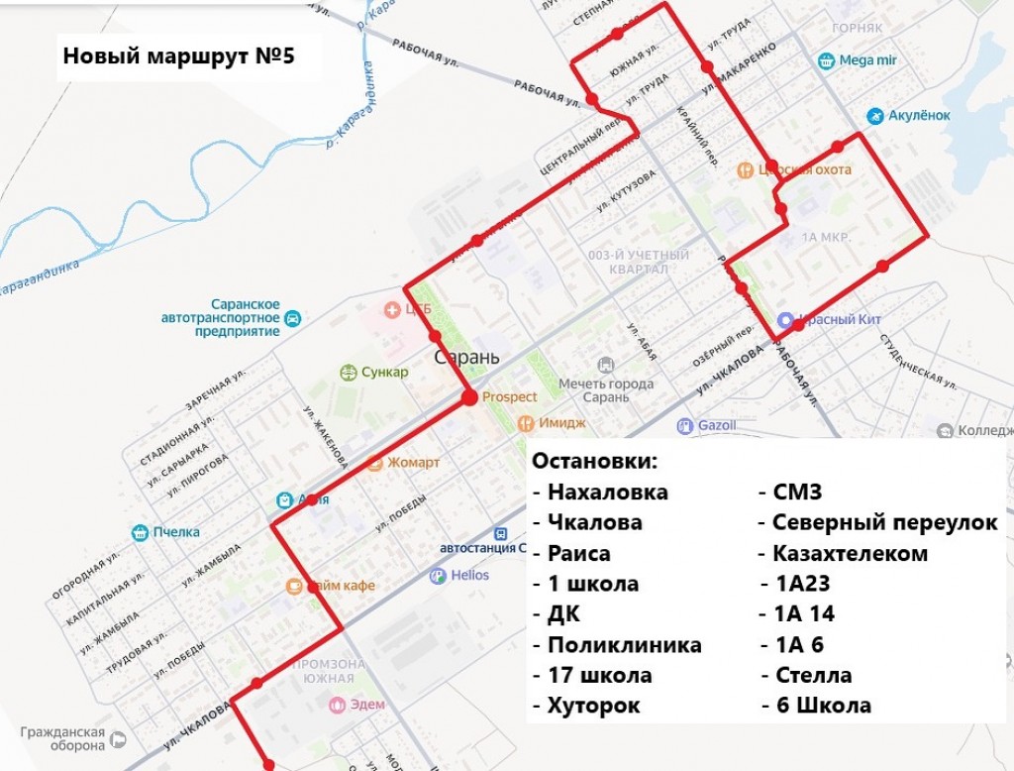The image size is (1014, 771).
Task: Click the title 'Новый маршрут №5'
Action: tap(178, 57)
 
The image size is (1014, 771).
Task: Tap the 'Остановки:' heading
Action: tap(594, 462)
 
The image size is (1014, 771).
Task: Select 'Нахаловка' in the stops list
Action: tap(607, 493)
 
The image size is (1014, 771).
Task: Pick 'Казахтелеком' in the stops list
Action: tap(850, 554)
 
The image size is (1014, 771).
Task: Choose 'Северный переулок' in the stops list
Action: tap(884, 523)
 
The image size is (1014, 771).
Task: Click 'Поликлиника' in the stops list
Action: tap(624, 645)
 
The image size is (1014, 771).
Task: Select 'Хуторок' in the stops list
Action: tap(593, 707)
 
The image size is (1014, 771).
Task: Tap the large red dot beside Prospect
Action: tap(469, 398)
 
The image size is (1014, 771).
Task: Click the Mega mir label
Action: tap(867, 60)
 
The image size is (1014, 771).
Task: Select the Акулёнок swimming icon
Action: tap(874, 115)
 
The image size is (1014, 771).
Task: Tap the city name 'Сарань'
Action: tap(467, 357)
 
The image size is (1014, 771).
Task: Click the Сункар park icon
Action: tap(348, 373)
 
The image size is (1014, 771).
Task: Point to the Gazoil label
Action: tap(717, 426)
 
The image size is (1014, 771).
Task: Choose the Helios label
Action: tap(469, 575)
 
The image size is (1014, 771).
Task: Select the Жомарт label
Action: tap(414, 463)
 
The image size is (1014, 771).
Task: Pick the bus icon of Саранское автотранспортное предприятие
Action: tap(292, 318)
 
